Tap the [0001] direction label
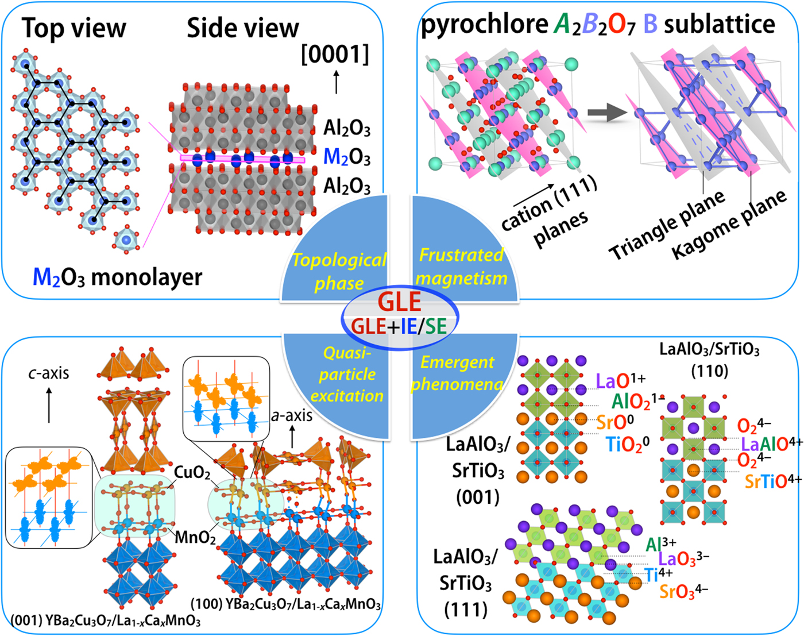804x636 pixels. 335,55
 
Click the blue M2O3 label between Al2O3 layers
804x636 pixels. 347,157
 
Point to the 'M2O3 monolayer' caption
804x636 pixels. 118,277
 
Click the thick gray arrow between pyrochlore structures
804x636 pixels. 609,113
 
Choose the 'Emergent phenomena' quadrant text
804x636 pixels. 457,373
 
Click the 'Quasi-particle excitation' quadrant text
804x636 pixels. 347,374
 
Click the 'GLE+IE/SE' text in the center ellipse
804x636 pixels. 399,326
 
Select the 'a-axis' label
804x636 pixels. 292,415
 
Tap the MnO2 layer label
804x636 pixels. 195,538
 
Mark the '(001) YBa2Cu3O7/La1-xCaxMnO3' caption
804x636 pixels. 106,620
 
